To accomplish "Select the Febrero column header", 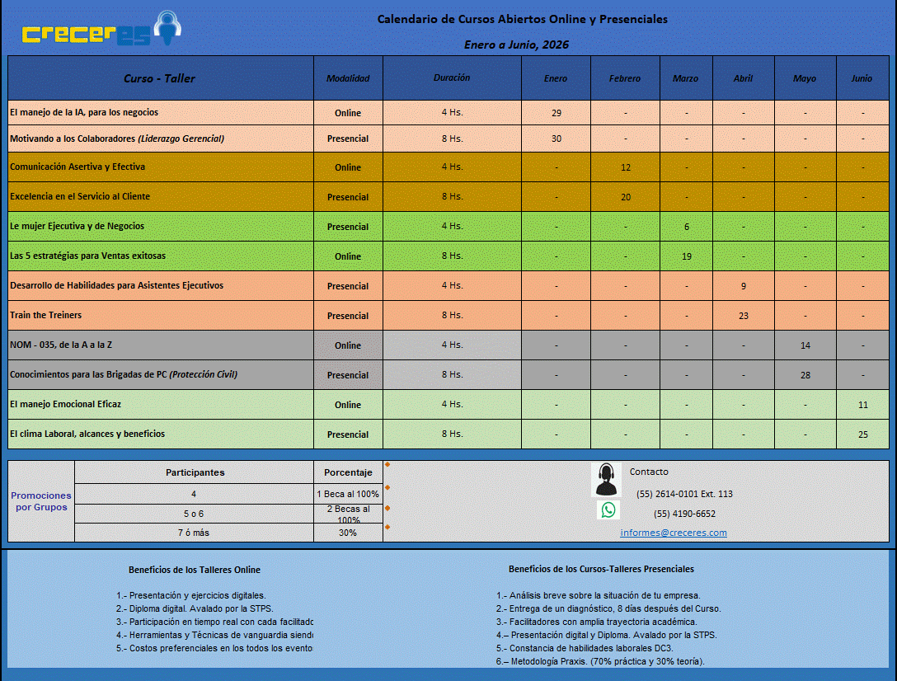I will (x=625, y=78).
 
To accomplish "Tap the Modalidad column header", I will (x=348, y=78).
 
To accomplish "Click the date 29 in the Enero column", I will (x=557, y=112).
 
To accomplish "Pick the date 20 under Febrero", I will (x=626, y=197).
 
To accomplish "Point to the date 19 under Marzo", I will (x=687, y=256).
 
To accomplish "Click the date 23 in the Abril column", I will (x=744, y=316).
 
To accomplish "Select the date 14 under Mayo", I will (x=805, y=345).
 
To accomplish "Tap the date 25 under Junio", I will (x=862, y=434).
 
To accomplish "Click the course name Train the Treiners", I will (x=46, y=315).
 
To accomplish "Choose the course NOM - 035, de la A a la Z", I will (x=61, y=345).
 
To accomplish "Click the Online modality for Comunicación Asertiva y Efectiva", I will (x=348, y=167).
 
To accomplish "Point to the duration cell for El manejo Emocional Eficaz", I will (x=452, y=404).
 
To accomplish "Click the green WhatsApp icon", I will (x=608, y=510).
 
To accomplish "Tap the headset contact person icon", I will (x=607, y=478).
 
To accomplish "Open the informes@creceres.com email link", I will (x=674, y=533).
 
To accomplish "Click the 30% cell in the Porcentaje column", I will (x=348, y=533).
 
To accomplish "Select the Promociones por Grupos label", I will (x=41, y=501).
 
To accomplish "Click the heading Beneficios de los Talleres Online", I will (x=195, y=570).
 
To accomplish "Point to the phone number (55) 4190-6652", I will (x=684, y=514).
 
